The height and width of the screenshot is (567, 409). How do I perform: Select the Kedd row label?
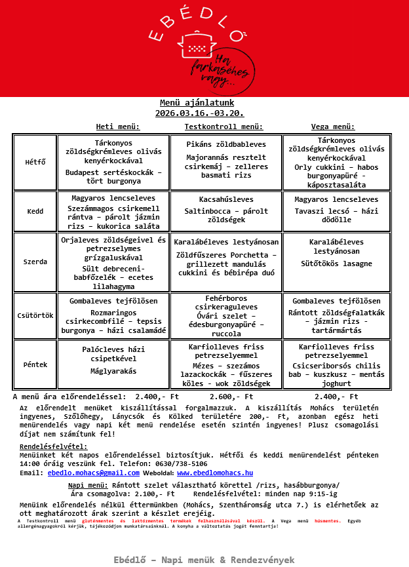pos(35,212)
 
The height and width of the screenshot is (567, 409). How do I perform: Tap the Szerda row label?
pos(35,262)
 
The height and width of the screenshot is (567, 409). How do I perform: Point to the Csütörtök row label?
pos(35,315)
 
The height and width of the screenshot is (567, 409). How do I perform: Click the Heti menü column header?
pos(118,127)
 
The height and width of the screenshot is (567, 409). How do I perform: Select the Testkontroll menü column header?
pos(224,127)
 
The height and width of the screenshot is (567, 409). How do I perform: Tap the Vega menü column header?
pos(333,127)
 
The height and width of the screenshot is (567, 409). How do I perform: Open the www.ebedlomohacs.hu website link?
pos(215,473)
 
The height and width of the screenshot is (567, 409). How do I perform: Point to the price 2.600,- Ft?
pos(231,397)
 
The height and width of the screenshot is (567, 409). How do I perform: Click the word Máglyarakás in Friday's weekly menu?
pos(113,371)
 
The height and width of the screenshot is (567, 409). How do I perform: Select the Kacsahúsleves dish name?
pos(226,199)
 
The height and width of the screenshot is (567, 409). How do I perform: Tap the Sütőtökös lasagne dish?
pos(336,264)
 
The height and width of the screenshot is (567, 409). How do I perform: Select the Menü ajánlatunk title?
pos(197,103)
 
